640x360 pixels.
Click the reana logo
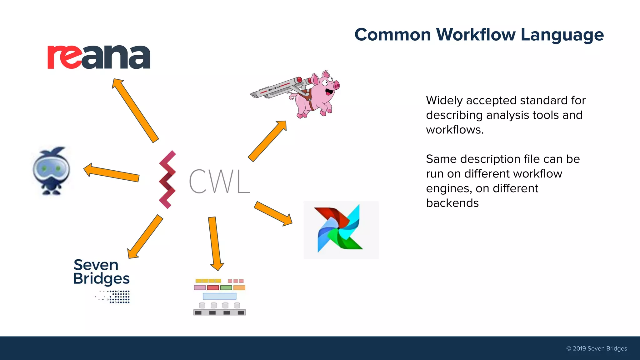(x=99, y=57)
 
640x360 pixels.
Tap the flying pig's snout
(x=336, y=85)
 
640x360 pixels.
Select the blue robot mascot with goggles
(x=52, y=170)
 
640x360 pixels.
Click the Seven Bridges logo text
(x=101, y=272)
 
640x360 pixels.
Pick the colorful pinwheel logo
(x=340, y=229)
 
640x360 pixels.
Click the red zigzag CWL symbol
(x=167, y=180)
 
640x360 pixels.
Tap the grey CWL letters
(x=219, y=181)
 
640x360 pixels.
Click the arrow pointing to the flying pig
(x=267, y=141)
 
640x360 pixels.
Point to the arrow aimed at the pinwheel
(x=273, y=214)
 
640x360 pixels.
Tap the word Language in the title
(x=562, y=35)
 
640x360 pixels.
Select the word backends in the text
(x=452, y=203)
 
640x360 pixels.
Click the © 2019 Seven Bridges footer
(x=596, y=348)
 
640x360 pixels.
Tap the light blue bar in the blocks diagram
(x=219, y=296)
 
